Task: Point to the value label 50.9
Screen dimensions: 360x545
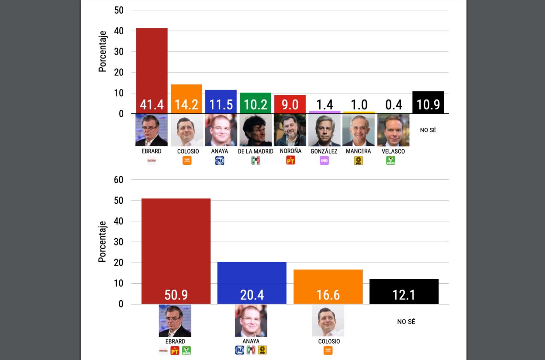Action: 176,295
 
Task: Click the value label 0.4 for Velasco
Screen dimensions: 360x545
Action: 394,105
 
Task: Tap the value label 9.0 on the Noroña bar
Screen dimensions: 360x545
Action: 290,105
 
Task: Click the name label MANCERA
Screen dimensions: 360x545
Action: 358,151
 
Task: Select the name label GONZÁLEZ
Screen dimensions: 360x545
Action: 324,151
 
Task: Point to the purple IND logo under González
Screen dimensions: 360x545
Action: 324,160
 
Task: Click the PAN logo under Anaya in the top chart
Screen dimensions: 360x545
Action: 220,160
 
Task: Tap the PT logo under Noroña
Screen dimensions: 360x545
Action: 291,160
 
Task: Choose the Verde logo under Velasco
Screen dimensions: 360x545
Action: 391,160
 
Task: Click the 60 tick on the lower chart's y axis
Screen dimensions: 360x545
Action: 118,180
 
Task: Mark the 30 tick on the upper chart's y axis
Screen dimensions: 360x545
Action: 118,52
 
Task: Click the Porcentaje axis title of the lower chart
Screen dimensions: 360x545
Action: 102,242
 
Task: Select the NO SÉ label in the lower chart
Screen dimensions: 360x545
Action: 406,322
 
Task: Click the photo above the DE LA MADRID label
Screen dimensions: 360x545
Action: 255,130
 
